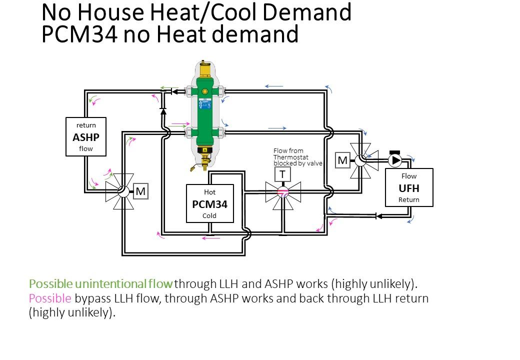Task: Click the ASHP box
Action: click(86, 136)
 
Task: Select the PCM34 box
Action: click(210, 203)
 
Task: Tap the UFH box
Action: click(409, 187)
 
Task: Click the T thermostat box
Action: click(282, 174)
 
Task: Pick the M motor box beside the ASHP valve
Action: click(140, 191)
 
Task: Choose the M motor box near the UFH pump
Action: click(342, 160)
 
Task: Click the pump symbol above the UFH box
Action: click(395, 160)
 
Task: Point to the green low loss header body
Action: click(205, 112)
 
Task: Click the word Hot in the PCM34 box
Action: click(209, 192)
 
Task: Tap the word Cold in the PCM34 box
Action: click(209, 216)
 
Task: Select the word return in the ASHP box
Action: click(86, 125)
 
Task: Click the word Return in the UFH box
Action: click(409, 199)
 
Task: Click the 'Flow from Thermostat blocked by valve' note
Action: click(297, 157)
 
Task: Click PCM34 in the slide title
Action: click(79, 34)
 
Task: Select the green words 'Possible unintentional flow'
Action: click(101, 284)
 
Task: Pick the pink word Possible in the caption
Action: click(50, 298)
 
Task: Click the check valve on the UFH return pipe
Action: click(378, 216)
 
